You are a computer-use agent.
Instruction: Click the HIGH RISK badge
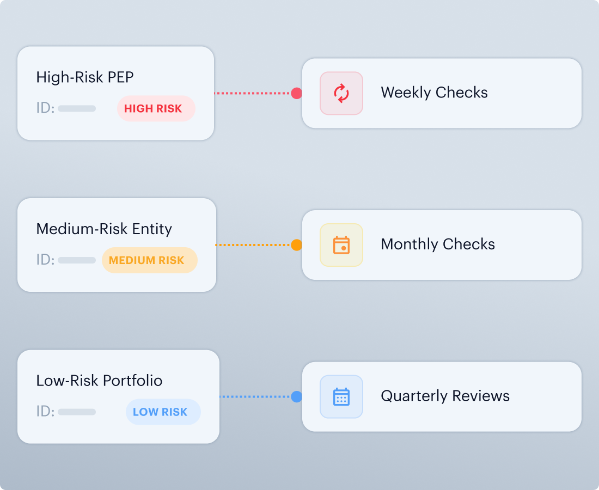click(x=156, y=108)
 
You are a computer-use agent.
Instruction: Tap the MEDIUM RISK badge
click(x=150, y=260)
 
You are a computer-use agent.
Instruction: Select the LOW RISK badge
click(x=163, y=412)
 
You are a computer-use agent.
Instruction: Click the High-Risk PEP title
click(x=85, y=77)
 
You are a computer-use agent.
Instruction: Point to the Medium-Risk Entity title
click(x=104, y=229)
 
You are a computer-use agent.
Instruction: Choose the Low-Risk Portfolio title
click(x=99, y=381)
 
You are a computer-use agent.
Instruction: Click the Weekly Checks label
click(x=435, y=93)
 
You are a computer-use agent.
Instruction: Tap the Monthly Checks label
click(x=438, y=244)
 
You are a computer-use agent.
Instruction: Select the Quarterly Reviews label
click(x=445, y=396)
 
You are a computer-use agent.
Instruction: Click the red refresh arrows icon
click(x=341, y=93)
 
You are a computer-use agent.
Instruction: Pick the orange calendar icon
click(x=341, y=245)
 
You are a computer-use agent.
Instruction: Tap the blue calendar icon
click(x=341, y=397)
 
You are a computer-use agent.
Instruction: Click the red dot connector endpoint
click(x=296, y=93)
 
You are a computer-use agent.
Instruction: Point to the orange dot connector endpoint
click(x=296, y=245)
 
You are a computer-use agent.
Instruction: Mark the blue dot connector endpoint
click(x=296, y=397)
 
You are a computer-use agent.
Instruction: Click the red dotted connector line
click(x=253, y=93)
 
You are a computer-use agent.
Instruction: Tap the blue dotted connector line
click(x=255, y=397)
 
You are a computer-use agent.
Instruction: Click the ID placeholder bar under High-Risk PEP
click(x=77, y=108)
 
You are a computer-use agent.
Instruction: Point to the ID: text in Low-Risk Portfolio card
click(x=45, y=411)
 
